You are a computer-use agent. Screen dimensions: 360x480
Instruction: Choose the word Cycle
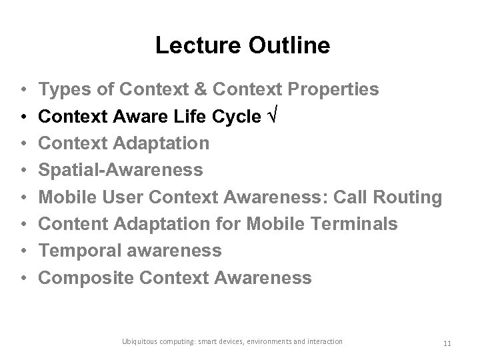tap(236, 117)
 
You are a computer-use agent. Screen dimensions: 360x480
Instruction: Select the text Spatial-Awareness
tap(121, 170)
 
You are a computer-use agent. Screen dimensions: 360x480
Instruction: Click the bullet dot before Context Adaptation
tap(23, 143)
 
